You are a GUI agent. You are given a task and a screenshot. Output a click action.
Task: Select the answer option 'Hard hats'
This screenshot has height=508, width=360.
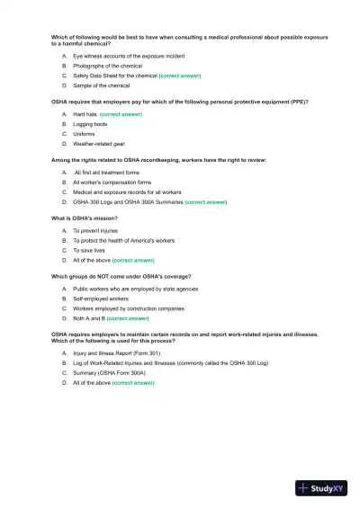point(85,115)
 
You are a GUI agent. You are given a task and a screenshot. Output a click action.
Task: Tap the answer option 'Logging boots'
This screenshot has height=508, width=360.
point(90,125)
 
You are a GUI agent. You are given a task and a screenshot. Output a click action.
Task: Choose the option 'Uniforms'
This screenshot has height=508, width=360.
point(84,134)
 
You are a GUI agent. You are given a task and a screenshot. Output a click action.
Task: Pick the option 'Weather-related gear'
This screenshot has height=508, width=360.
point(98,144)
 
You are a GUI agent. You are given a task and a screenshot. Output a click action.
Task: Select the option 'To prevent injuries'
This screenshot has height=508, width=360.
point(95,231)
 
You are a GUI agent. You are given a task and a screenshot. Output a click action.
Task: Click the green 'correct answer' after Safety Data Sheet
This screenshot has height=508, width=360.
point(180,76)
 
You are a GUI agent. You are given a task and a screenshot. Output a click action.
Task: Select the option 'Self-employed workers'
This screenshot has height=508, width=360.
point(101,299)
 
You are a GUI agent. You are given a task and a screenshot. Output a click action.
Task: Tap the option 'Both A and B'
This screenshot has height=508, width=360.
point(89,318)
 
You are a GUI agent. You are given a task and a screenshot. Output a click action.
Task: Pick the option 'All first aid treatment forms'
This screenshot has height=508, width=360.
point(107,173)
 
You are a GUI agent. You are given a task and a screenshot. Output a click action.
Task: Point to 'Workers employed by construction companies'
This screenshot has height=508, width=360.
point(129,308)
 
